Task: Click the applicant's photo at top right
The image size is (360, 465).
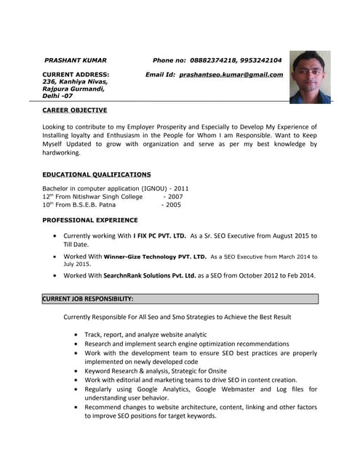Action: (x=310, y=77)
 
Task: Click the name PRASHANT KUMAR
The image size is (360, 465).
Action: (x=76, y=60)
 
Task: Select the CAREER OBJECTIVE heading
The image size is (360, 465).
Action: (x=74, y=110)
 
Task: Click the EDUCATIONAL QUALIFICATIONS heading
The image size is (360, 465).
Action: (x=97, y=174)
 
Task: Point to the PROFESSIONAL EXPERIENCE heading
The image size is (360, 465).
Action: (x=89, y=219)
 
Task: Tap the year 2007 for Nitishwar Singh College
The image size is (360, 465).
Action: (x=174, y=196)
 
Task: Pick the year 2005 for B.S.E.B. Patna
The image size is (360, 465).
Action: (x=172, y=205)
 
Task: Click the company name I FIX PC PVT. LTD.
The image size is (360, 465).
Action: (x=159, y=236)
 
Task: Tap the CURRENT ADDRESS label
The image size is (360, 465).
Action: (x=76, y=74)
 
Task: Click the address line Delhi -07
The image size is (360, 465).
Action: (x=57, y=96)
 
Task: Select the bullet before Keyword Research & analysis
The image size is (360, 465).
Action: (x=76, y=371)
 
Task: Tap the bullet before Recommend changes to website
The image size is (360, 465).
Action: (x=76, y=408)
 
